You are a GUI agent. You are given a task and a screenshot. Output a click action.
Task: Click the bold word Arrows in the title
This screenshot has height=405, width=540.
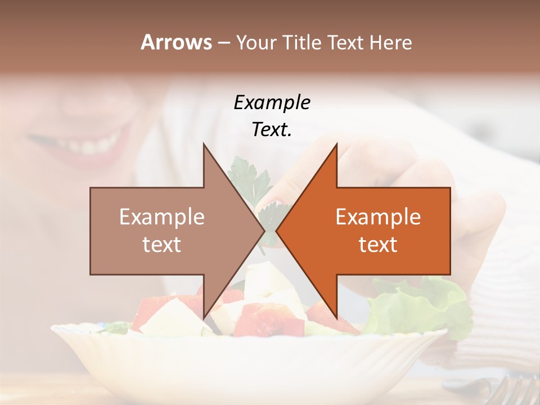point(176,42)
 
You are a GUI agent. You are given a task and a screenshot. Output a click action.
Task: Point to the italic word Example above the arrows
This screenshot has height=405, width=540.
point(272,102)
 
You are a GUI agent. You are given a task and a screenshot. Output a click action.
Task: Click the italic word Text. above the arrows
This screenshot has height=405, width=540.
point(272,129)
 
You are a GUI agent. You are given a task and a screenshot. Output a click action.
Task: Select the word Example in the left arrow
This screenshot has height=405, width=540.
point(162,217)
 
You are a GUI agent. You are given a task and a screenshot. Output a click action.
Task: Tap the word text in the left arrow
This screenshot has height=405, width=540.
point(162,245)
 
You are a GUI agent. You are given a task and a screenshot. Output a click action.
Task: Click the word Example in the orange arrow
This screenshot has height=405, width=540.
point(378,217)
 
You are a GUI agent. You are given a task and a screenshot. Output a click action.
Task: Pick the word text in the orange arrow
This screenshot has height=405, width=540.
point(378,245)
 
